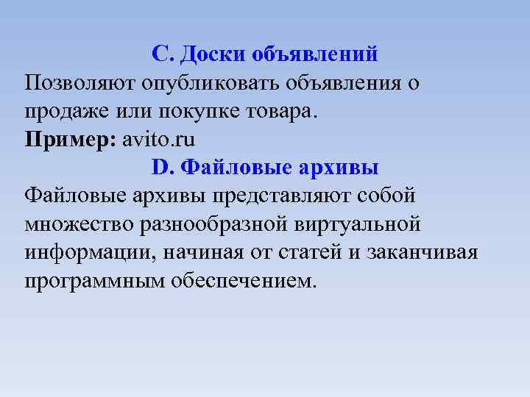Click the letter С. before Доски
[161, 54]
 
